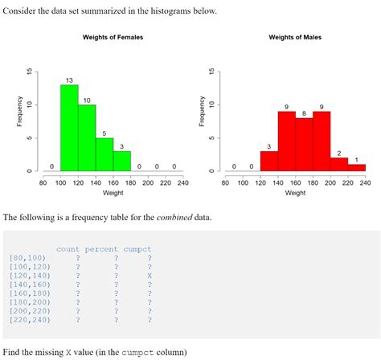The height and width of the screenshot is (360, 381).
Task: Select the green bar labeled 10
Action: tap(87, 137)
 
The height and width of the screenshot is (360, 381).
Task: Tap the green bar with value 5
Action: tap(104, 154)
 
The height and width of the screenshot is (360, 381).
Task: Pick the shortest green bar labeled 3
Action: tap(121, 161)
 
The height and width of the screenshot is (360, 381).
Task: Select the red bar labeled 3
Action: tap(269, 161)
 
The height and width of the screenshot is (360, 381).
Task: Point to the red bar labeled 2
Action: tap(338, 164)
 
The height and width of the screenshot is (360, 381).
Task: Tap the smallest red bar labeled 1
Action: tap(356, 167)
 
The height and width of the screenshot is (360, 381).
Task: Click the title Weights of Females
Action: tap(113, 38)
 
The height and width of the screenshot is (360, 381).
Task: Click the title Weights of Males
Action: tap(295, 38)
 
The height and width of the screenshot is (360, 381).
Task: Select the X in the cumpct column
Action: tap(149, 275)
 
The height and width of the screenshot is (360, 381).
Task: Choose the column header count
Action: tap(68, 249)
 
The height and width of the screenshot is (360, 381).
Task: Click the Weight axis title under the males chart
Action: tap(295, 193)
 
